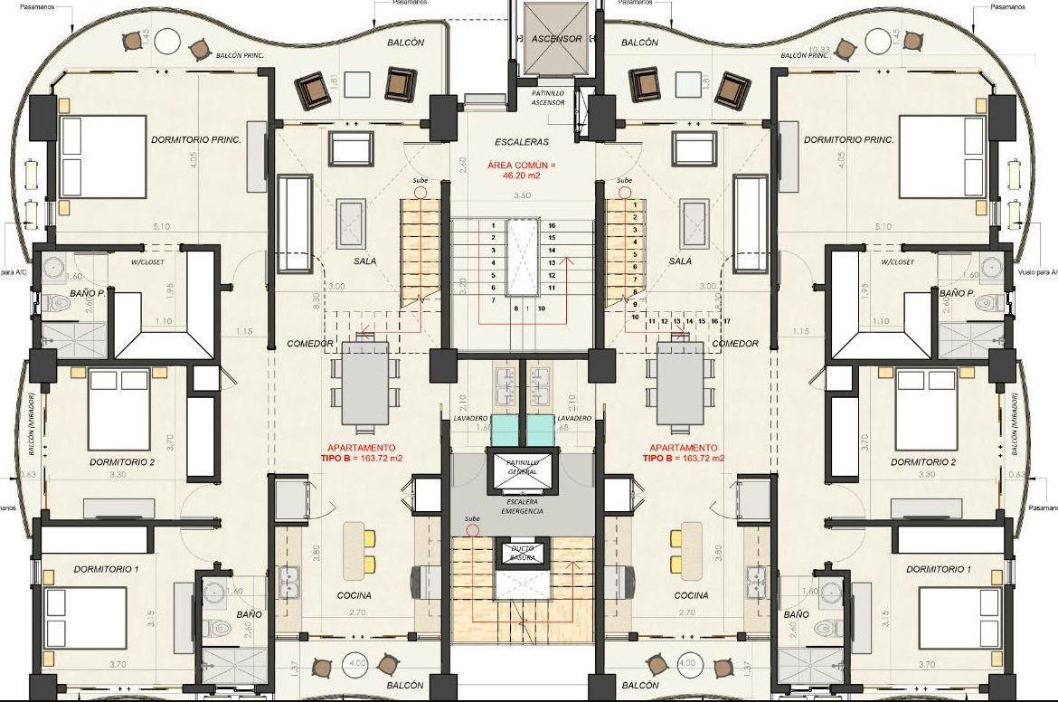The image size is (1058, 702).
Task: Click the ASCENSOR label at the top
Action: (556, 39)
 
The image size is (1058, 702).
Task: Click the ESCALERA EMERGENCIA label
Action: (523, 506)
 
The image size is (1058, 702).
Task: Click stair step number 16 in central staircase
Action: (550, 224)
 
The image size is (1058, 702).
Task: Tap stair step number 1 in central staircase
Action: (493, 224)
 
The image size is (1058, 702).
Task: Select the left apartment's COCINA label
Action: (354, 596)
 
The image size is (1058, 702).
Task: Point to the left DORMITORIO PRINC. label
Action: (189, 140)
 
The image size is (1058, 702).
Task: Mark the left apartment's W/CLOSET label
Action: (149, 262)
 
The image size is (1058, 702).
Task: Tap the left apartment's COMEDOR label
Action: (305, 344)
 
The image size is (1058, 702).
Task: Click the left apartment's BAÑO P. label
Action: (87, 295)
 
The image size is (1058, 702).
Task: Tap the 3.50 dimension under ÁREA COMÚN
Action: (522, 195)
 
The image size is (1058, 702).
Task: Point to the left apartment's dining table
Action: (364, 384)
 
